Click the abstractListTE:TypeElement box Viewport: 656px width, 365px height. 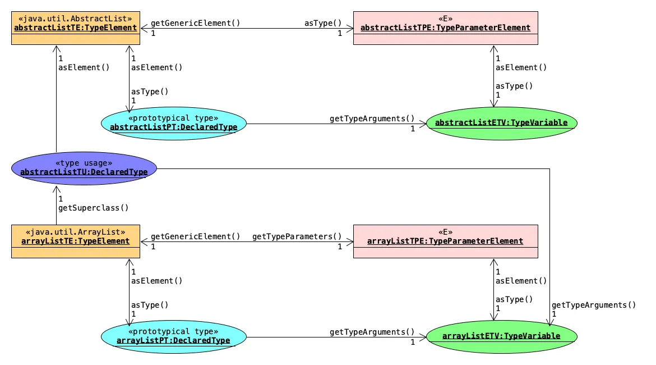(76, 28)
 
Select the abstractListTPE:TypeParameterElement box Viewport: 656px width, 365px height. (445, 28)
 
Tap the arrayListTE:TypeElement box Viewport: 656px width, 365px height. (76, 241)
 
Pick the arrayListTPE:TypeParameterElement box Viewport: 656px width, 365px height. (445, 241)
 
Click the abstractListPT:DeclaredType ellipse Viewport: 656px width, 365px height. (174, 124)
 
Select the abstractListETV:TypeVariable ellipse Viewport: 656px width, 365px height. (501, 123)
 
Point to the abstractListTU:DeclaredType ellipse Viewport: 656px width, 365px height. (84, 168)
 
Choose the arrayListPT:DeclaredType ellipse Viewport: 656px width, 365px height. (174, 337)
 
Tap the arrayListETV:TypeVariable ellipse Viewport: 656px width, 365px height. (501, 336)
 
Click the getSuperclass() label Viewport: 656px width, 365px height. (94, 208)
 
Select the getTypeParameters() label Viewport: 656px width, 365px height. (297, 236)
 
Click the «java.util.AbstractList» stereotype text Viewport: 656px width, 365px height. (75, 17)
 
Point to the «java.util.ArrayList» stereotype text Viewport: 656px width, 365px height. (75, 231)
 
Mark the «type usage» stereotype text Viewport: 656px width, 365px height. (84, 163)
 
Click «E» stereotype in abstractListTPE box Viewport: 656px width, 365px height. (445, 17)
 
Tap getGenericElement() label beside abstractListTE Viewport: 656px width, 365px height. (195, 23)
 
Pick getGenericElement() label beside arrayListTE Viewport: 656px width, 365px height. (195, 236)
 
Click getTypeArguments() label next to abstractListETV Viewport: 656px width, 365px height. (372, 118)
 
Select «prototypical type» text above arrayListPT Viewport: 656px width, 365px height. (173, 331)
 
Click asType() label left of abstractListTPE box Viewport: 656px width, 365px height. (322, 23)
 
